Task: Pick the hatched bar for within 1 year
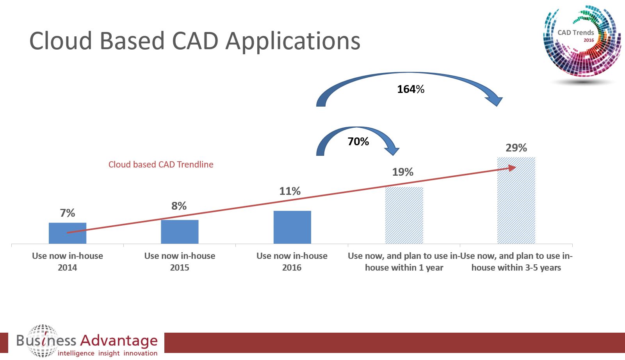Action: tap(404, 215)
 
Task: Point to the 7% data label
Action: tap(68, 213)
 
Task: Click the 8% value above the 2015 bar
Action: tap(179, 206)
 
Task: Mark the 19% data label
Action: tap(403, 172)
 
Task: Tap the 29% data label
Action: tap(516, 148)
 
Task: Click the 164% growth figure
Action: tap(411, 89)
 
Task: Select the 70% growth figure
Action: tap(358, 142)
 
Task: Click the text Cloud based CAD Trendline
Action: tap(161, 165)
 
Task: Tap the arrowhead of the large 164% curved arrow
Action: tap(494, 100)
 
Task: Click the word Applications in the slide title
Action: tap(293, 41)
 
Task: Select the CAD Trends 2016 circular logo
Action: tap(582, 41)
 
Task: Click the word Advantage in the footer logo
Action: tap(119, 341)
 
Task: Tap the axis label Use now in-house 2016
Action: tap(292, 262)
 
